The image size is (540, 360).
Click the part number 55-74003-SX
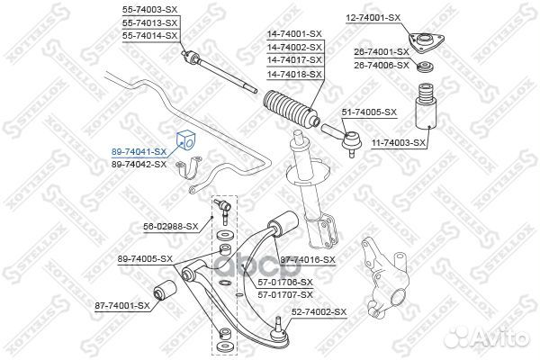click(x=149, y=10)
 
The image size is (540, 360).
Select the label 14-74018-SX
click(x=294, y=74)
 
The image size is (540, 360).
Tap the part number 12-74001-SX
click(x=373, y=18)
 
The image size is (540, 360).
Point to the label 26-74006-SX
click(x=382, y=65)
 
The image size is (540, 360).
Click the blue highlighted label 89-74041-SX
click(x=139, y=151)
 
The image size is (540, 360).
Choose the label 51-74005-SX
click(x=369, y=112)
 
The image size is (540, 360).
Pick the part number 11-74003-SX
click(x=399, y=142)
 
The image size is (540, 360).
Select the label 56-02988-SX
click(x=171, y=226)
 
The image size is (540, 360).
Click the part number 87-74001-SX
click(x=122, y=306)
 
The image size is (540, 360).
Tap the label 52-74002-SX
click(x=319, y=312)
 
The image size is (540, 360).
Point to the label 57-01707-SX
click(x=285, y=295)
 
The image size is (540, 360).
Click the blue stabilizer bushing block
click(x=185, y=140)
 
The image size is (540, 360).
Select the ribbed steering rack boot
click(x=292, y=109)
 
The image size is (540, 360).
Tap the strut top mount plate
click(x=426, y=42)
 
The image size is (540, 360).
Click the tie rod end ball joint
click(x=351, y=140)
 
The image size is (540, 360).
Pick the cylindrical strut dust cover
click(x=425, y=112)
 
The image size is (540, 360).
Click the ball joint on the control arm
click(x=280, y=330)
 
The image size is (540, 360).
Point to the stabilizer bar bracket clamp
click(x=189, y=169)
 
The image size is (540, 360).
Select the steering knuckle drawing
click(x=384, y=280)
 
